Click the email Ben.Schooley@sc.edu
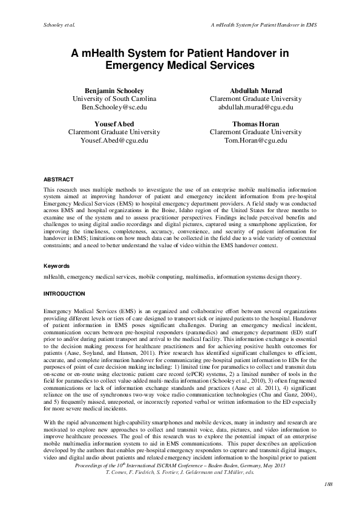(x=114, y=107)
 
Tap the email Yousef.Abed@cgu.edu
(x=114, y=140)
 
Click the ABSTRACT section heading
(x=59, y=180)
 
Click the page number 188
(x=312, y=501)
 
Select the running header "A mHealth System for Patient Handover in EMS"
(x=264, y=26)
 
